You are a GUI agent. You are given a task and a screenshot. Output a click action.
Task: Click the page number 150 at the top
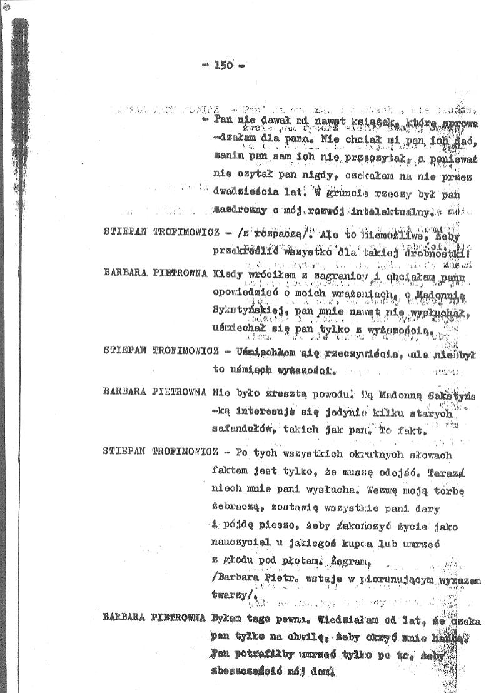coord(223,64)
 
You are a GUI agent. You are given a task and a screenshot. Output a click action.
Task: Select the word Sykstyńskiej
coord(245,309)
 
